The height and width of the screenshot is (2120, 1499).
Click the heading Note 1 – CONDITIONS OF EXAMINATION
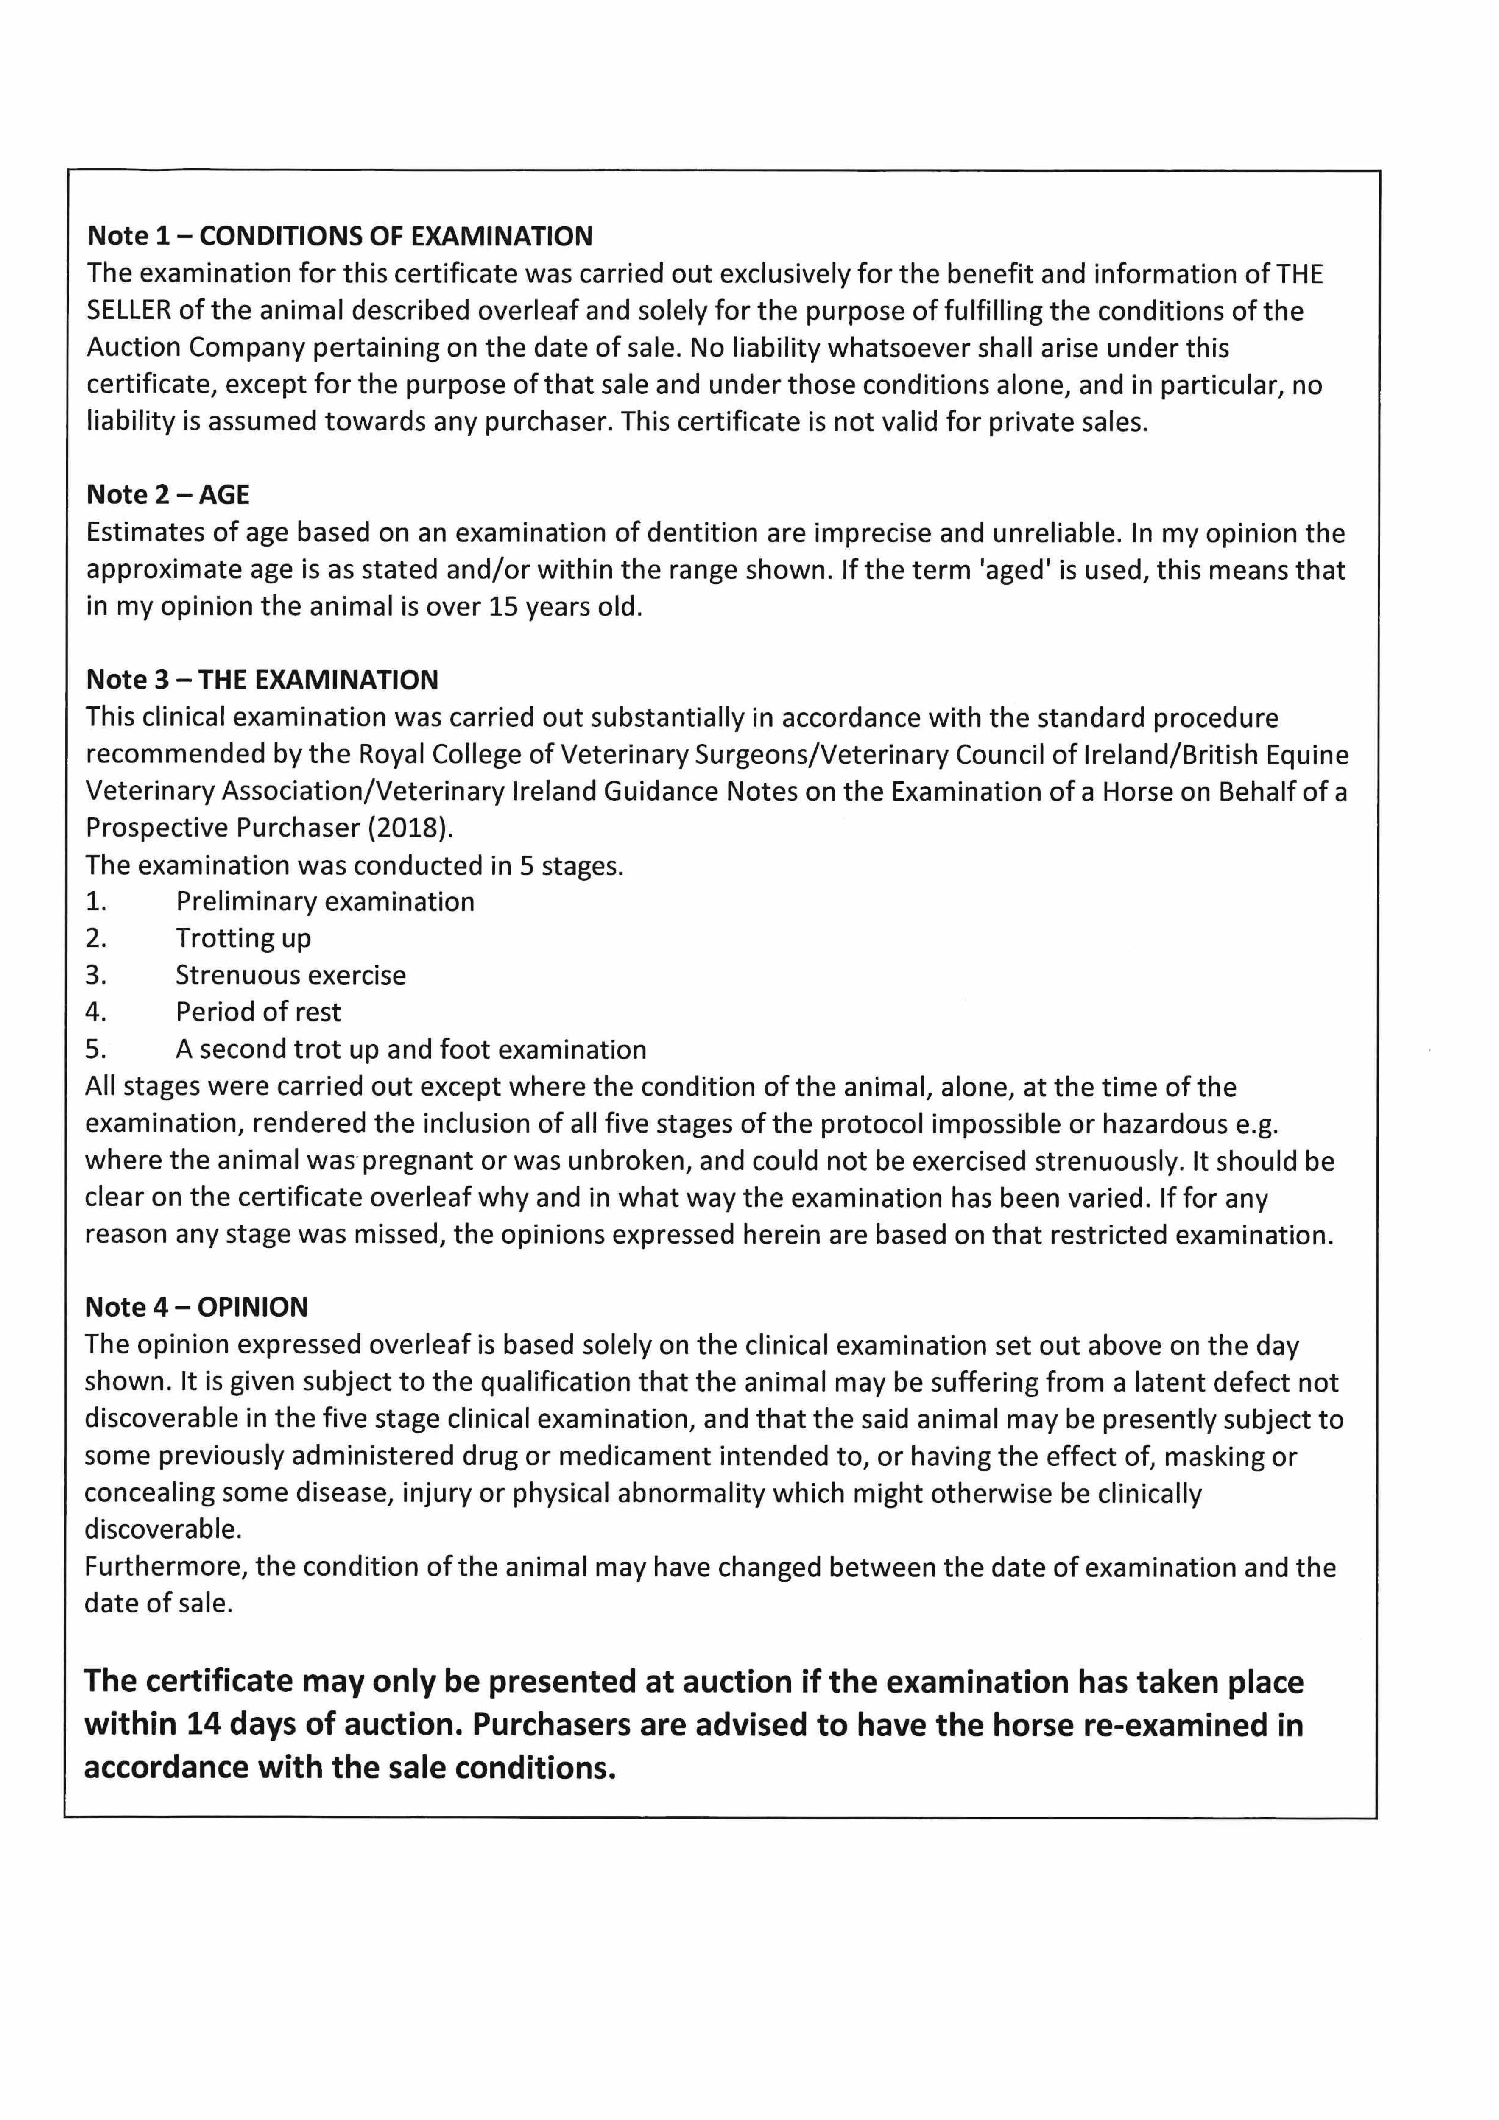[x=340, y=236]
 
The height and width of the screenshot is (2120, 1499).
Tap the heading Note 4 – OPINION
[x=196, y=1308]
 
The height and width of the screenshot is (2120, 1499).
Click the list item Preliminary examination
[x=325, y=902]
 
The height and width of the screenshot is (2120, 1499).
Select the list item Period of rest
[x=259, y=1013]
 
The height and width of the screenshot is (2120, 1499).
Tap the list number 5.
[x=96, y=1050]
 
